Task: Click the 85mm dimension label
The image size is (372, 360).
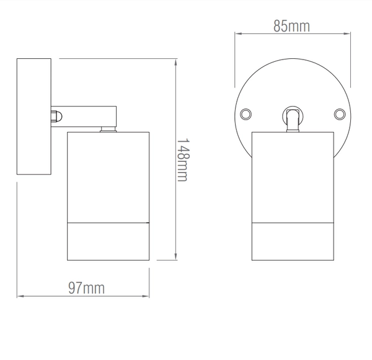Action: pos(291,26)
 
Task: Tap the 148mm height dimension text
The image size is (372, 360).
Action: pos(182,159)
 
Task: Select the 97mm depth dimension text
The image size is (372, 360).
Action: pos(86,288)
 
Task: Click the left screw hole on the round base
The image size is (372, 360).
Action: pos(246,114)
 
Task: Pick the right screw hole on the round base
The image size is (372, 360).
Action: pos(339,114)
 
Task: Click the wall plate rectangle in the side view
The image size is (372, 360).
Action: pos(33,118)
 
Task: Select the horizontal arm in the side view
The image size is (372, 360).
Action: pos(87,115)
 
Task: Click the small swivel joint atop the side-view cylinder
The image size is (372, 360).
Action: pos(108,130)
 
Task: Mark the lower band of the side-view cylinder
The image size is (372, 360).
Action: pos(108,241)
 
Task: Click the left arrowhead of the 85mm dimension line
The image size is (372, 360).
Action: pos(236,34)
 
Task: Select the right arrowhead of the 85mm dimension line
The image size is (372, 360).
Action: pos(348,34)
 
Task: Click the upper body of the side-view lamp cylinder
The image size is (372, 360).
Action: pos(108,177)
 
